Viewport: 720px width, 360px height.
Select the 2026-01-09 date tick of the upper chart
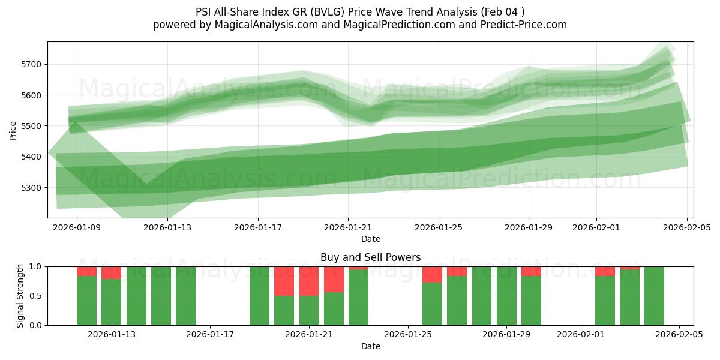pos(77,227)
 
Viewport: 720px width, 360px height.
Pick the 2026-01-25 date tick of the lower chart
pos(408,335)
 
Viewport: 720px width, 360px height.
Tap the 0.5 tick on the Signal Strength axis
pos(35,296)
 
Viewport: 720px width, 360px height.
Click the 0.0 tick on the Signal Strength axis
pos(35,325)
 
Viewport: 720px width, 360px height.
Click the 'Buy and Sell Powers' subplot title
pos(370,257)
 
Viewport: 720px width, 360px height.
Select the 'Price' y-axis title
pos(13,130)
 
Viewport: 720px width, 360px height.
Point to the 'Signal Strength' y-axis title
pos(20,296)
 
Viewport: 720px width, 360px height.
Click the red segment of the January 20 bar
pos(284,281)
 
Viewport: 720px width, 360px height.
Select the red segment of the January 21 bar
pos(309,281)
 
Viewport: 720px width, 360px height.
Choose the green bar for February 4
pos(654,296)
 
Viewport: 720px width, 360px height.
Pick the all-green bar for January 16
pos(185,296)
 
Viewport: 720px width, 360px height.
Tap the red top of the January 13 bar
pos(111,273)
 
